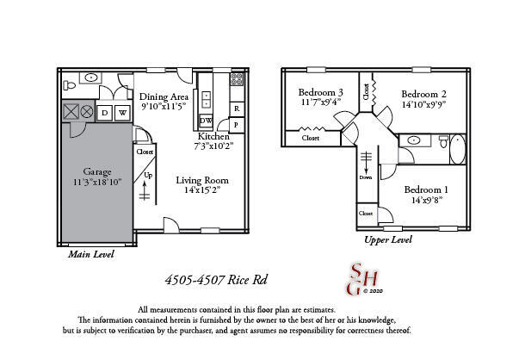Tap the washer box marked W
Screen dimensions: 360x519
123,113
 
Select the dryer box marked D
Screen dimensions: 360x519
105,113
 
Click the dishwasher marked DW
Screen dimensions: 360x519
207,121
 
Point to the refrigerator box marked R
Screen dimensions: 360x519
236,109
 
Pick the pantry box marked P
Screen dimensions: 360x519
236,125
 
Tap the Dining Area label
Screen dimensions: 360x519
164,96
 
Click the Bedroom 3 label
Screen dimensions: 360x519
321,92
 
